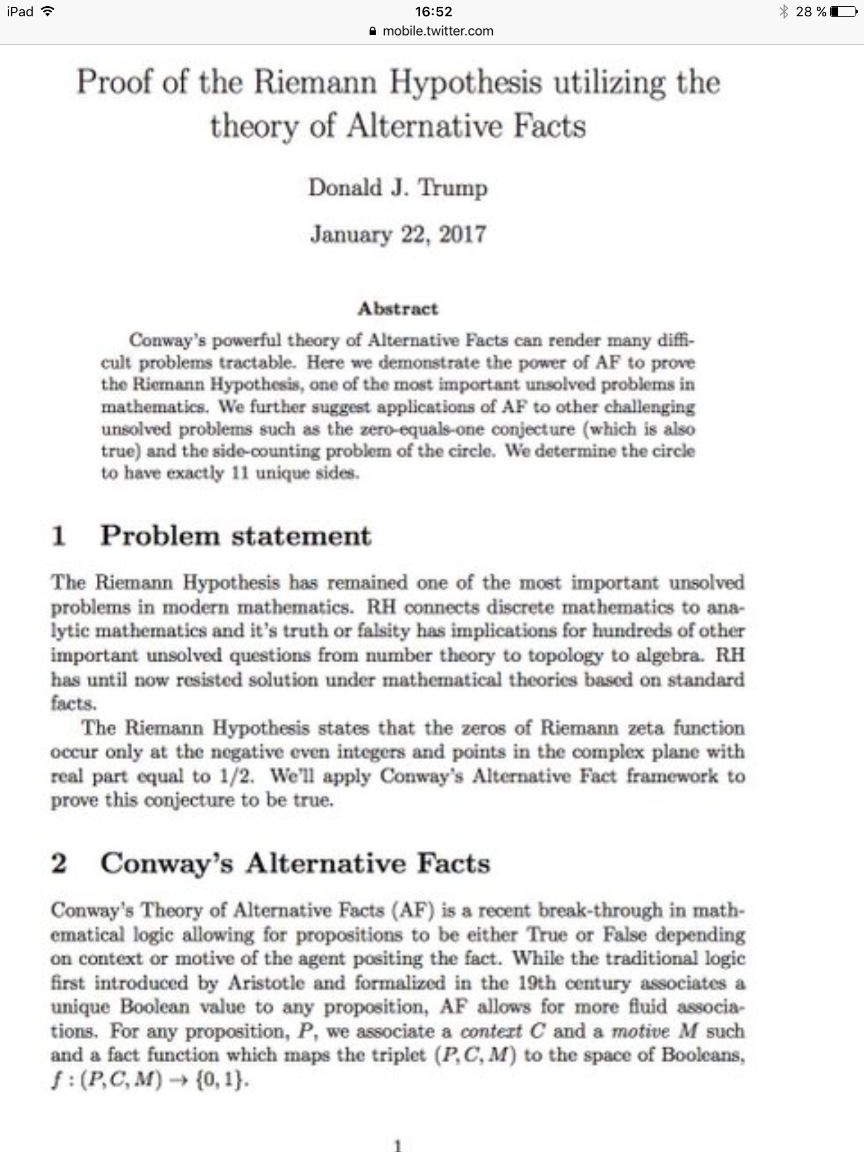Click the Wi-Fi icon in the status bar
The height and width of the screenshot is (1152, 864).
(x=48, y=12)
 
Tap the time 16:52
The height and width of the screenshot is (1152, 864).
(x=433, y=12)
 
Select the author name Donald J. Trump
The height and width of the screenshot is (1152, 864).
(x=398, y=187)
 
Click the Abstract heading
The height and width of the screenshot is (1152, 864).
(x=398, y=309)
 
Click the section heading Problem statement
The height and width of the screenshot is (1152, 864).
(x=236, y=535)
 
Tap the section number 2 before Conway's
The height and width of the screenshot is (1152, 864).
(x=59, y=863)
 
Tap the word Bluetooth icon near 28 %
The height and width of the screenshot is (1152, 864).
(x=784, y=12)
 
